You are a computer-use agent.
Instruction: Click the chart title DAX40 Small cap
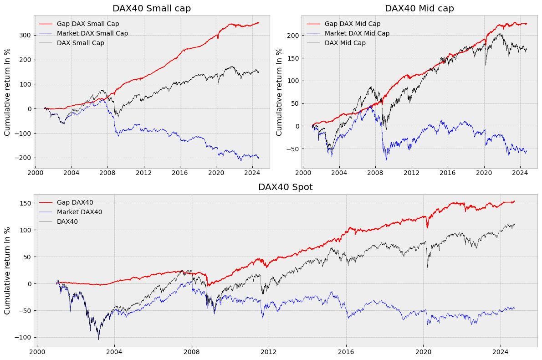[152, 9]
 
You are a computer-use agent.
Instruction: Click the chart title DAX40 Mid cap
[419, 9]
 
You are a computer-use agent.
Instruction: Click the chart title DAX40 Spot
[286, 187]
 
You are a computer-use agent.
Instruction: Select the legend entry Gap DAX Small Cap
[87, 24]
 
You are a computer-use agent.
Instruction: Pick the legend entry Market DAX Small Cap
[92, 33]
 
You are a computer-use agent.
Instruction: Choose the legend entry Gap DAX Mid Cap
[353, 24]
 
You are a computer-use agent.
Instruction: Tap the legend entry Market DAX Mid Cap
[357, 33]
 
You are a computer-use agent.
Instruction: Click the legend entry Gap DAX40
[75, 202]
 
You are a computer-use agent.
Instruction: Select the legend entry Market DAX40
[79, 212]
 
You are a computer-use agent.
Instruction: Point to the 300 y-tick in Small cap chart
[25, 36]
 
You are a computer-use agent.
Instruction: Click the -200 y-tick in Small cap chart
[23, 158]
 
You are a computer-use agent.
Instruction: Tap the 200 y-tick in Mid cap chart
[293, 36]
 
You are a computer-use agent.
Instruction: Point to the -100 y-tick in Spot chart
[23, 337]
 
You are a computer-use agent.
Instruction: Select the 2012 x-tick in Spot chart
[268, 352]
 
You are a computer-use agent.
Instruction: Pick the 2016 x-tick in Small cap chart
[180, 173]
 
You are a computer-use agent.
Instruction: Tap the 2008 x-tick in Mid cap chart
[375, 173]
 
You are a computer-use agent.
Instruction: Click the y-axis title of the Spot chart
[7, 271]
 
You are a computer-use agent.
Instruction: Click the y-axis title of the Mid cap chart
[279, 92]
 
